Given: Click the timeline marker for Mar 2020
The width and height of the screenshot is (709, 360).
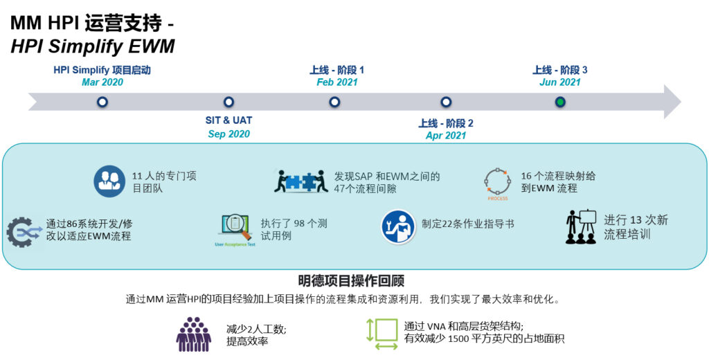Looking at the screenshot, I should coord(102,102).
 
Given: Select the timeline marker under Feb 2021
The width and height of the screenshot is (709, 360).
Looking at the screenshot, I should coord(335,102).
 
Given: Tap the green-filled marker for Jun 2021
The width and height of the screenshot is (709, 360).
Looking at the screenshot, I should coord(560,102).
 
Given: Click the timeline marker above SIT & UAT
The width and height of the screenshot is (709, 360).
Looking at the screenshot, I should coord(229,102).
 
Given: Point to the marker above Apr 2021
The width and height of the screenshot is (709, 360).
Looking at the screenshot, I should coord(446,102).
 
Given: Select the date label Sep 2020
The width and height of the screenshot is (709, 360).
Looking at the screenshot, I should coord(229,134).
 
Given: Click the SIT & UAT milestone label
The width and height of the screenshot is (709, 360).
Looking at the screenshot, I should coord(229,120).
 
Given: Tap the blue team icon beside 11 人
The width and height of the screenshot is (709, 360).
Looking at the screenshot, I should coord(110,181).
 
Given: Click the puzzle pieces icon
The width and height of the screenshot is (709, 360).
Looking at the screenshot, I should coord(300,181).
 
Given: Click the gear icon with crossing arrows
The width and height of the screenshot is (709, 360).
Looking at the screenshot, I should coord(23,231).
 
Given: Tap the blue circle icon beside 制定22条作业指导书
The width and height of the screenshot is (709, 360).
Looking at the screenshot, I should coord(398,226).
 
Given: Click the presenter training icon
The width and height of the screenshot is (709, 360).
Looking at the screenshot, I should coord(581,226).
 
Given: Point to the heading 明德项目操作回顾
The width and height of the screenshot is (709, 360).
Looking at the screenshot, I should coord(351,280).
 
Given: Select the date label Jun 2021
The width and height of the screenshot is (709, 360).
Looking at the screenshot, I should coord(560,82).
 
